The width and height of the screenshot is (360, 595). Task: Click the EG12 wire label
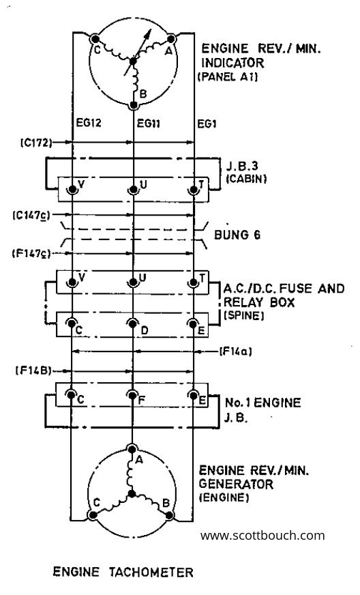(89, 123)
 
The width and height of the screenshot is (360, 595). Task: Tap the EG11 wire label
(149, 123)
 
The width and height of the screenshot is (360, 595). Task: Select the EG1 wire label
(207, 124)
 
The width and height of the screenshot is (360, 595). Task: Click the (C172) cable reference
(35, 143)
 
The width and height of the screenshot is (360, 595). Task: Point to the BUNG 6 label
(237, 235)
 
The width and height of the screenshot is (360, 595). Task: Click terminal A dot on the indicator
(170, 39)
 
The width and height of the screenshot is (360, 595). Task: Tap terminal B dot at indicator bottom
(133, 104)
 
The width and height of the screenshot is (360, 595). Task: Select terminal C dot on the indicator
(95, 39)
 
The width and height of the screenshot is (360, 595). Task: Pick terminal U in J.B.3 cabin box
(132, 189)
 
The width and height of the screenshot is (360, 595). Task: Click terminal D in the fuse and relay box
(132, 323)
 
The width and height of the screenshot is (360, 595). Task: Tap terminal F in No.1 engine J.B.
(132, 395)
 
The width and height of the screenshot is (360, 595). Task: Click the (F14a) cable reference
(236, 351)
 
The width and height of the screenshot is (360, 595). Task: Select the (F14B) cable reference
(33, 371)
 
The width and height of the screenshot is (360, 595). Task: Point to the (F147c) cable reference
(31, 253)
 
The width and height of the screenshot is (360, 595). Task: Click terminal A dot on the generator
(132, 449)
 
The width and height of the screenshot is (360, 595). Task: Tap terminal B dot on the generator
(170, 515)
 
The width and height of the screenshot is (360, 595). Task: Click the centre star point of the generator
(132, 493)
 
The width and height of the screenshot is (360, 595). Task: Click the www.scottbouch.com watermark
(262, 536)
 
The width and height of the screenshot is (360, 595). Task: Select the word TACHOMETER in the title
(151, 572)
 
